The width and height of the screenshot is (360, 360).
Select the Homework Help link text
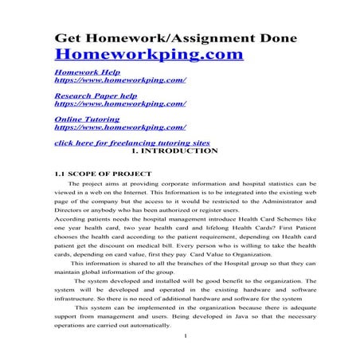pyautogui.click(x=87, y=72)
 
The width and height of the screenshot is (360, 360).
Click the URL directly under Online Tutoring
pyautogui.click(x=120, y=127)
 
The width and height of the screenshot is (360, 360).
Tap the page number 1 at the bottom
pyautogui.click(x=184, y=335)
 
